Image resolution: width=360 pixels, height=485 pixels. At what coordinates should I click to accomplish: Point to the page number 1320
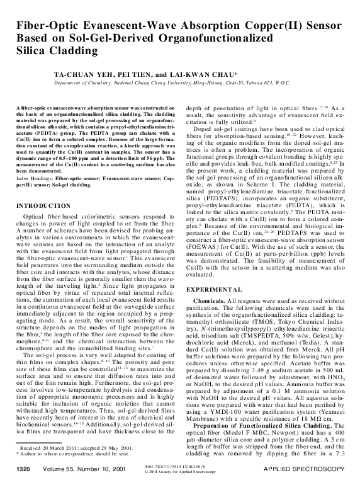[23, 470]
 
